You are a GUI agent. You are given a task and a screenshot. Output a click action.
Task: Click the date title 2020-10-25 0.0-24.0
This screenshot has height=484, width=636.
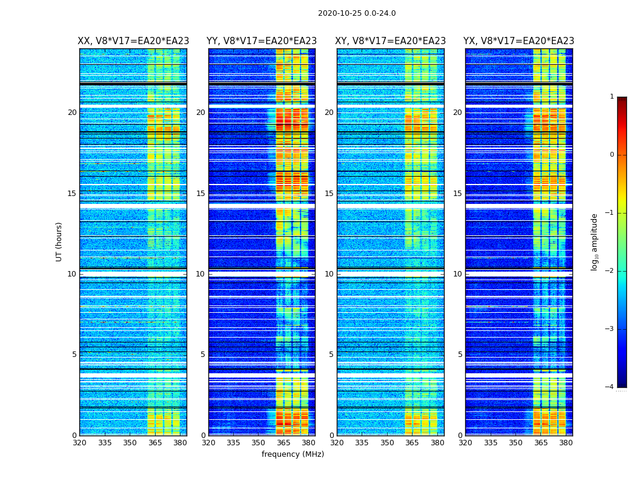(x=357, y=13)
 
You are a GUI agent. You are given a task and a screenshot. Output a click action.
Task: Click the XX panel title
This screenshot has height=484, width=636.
(x=133, y=41)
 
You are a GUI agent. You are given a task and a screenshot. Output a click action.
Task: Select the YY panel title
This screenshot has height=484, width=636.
(x=262, y=41)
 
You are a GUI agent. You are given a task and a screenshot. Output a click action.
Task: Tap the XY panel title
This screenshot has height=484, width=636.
(x=390, y=41)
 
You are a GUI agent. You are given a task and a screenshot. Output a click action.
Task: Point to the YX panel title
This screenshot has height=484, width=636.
(x=518, y=41)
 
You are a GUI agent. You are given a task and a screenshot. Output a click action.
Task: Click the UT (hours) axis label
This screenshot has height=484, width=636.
(x=59, y=241)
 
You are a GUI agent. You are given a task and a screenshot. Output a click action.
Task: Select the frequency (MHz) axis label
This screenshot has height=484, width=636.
(x=293, y=454)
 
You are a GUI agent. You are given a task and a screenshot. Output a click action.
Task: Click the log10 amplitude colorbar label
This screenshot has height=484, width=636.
(x=595, y=241)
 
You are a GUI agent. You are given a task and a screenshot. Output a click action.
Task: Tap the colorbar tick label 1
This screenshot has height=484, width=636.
(x=612, y=97)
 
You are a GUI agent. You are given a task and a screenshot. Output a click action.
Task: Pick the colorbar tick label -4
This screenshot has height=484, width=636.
(x=610, y=387)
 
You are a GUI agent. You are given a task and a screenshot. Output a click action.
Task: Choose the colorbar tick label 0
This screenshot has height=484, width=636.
(x=612, y=155)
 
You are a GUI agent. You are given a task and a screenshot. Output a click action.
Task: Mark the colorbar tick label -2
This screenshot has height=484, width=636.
(x=610, y=271)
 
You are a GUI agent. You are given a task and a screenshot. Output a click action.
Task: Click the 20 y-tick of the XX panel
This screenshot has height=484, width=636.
(x=72, y=113)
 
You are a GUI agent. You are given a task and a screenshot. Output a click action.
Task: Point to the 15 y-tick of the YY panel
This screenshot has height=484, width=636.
(x=200, y=194)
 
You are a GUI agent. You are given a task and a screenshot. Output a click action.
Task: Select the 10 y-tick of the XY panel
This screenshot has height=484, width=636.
(x=329, y=274)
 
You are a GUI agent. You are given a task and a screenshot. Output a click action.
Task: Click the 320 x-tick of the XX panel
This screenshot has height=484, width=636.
(x=79, y=443)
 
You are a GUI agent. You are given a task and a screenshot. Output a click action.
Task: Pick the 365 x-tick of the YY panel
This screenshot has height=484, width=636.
(x=283, y=443)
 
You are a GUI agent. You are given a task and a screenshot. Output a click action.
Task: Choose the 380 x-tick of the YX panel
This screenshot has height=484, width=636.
(x=566, y=443)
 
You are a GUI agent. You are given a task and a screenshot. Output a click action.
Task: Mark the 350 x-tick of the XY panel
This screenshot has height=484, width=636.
(x=387, y=443)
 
